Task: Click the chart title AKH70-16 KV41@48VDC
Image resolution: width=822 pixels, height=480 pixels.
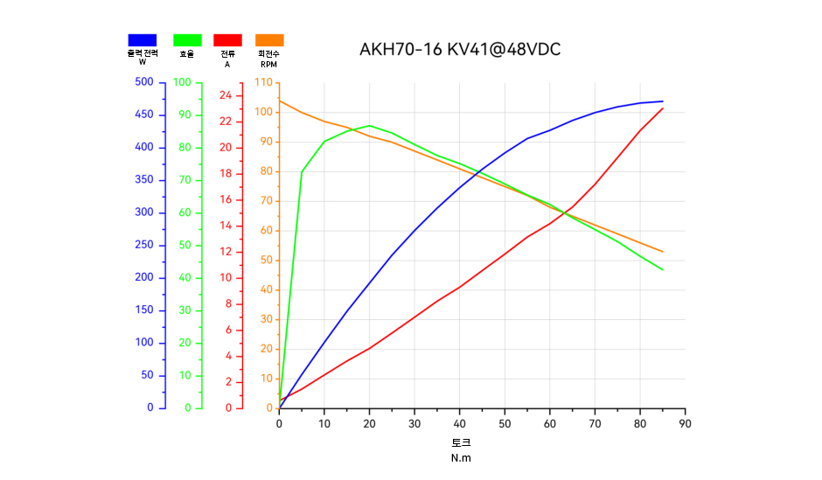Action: (460, 50)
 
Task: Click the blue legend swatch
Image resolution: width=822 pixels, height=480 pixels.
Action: (142, 39)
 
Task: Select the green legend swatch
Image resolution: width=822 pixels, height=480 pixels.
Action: (187, 39)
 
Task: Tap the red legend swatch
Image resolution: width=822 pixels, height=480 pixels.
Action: (227, 39)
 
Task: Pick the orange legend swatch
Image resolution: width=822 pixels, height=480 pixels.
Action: (269, 39)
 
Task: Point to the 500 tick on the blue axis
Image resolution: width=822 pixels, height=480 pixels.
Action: (144, 82)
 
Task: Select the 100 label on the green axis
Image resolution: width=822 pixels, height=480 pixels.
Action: (182, 82)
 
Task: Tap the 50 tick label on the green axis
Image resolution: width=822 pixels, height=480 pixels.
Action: (185, 245)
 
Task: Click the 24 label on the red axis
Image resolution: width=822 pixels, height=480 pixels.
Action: (225, 95)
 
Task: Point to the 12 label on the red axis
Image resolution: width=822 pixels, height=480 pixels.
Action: (225, 252)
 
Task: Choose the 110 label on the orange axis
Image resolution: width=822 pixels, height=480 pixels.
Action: (262, 82)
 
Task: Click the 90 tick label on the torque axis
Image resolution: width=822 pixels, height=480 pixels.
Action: (685, 424)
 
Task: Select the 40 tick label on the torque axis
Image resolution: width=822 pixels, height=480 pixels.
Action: (459, 424)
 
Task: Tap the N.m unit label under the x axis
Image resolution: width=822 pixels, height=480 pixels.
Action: (461, 457)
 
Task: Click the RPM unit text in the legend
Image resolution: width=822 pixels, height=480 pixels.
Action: (268, 64)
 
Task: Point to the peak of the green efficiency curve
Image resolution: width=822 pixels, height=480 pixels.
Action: (369, 125)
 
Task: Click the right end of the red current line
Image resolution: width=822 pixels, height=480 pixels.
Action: (663, 108)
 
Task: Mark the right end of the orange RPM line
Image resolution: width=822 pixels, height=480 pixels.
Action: (663, 252)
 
